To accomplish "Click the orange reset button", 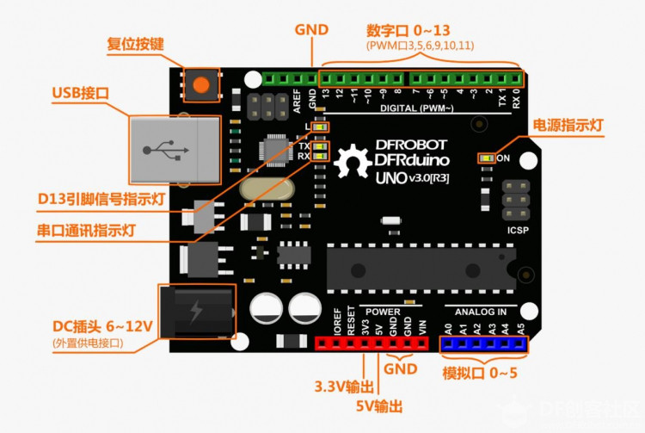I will click(201, 85).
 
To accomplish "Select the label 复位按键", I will click(135, 44).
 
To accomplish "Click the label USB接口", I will click(80, 93).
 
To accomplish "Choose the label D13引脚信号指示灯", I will click(101, 200).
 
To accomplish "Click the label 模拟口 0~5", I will click(481, 373).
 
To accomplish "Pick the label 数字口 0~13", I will click(421, 28).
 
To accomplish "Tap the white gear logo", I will click(352, 164).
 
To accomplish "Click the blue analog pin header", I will click(482, 344).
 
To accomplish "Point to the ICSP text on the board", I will click(517, 230).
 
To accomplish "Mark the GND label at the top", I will click(311, 29).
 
